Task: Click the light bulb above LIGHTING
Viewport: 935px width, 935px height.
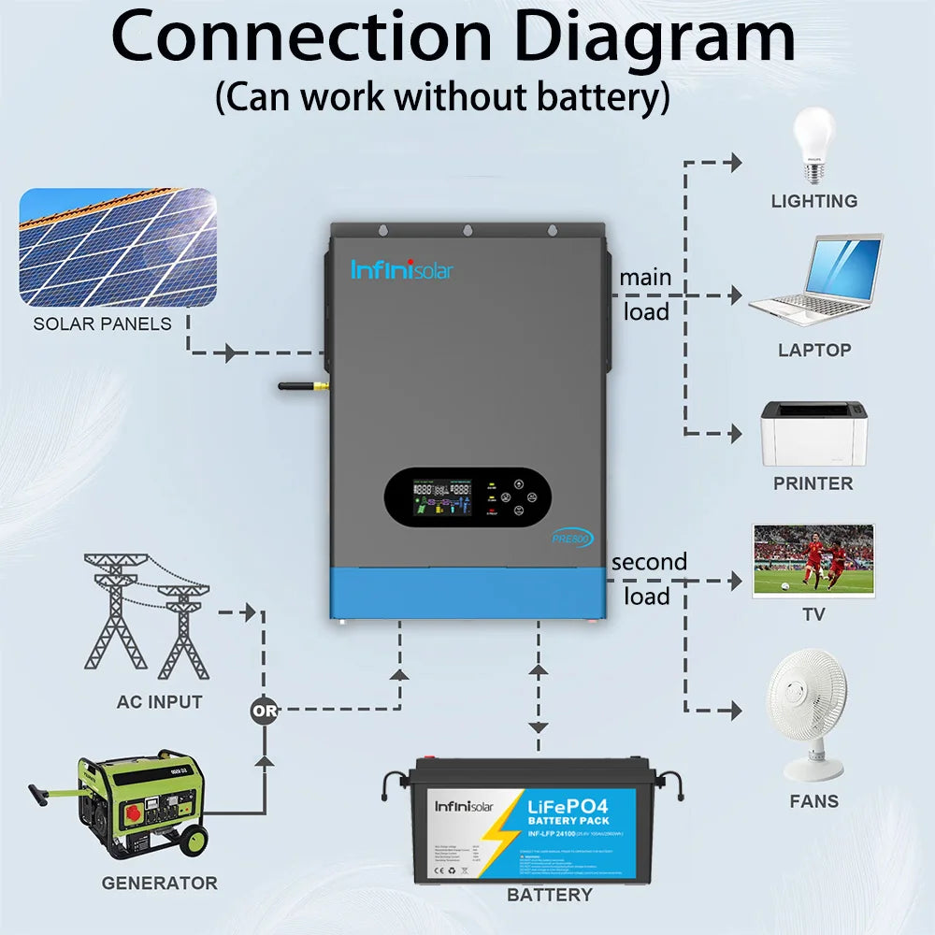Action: click(x=813, y=145)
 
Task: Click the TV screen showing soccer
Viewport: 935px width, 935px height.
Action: click(x=813, y=559)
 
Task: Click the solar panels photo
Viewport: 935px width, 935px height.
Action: click(x=118, y=247)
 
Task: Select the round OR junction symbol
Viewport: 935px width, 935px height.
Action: click(x=265, y=711)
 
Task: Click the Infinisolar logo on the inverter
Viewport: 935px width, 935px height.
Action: click(x=401, y=270)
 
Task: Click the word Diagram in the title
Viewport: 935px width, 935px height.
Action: click(x=654, y=39)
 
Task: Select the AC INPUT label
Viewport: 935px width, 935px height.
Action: click(x=159, y=701)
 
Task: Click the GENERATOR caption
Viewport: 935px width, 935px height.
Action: click(x=159, y=883)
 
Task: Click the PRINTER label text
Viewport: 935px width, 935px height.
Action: click(x=813, y=483)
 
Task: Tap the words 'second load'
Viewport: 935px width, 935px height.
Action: click(x=648, y=579)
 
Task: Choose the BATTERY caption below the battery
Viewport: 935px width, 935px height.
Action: click(x=549, y=895)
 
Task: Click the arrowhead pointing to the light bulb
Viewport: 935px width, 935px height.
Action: click(x=735, y=164)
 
